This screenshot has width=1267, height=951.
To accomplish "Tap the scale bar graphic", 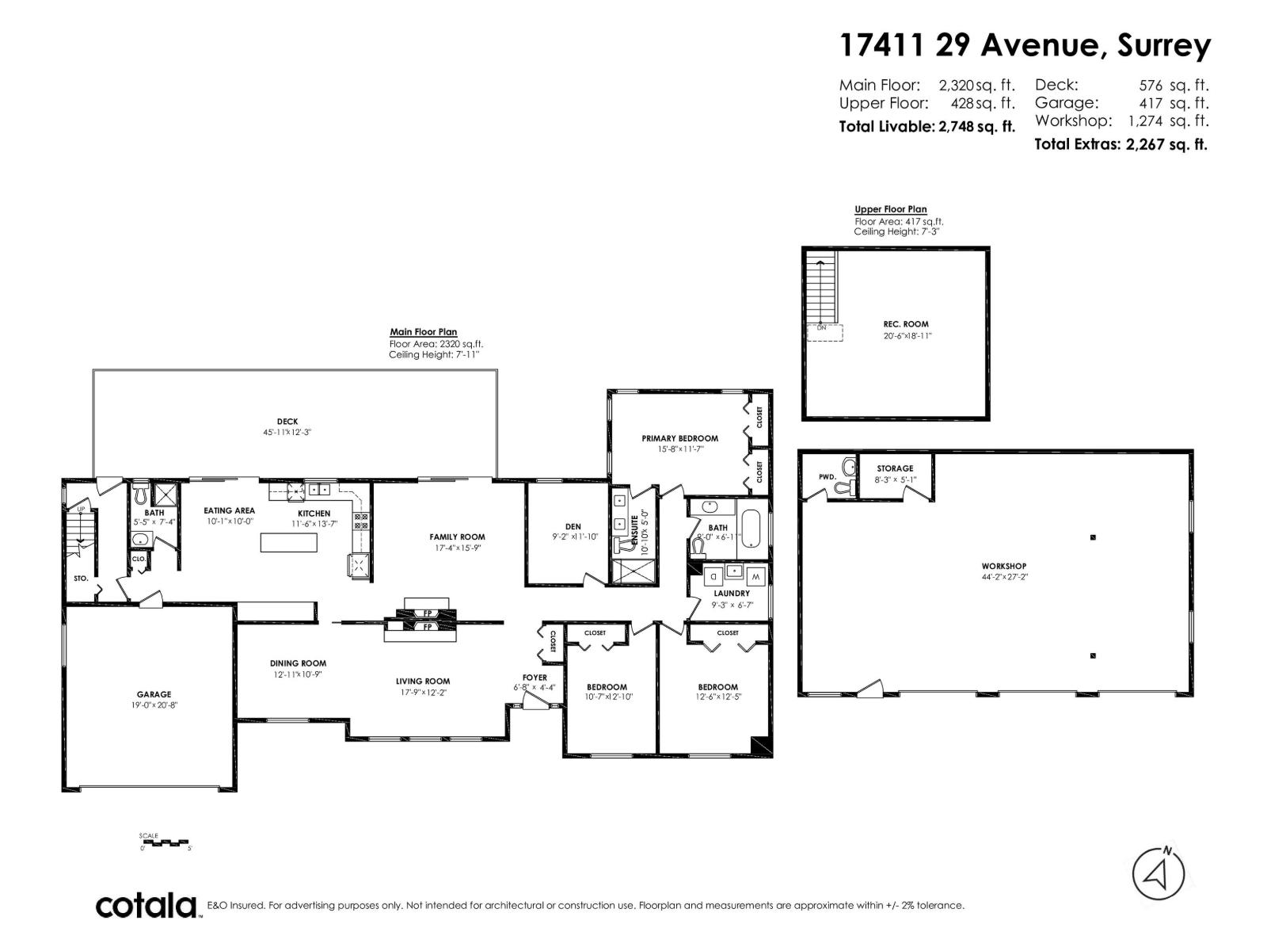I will (x=166, y=842).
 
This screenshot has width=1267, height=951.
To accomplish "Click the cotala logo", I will (x=146, y=905).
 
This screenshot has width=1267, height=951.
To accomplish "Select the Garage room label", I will (x=154, y=694).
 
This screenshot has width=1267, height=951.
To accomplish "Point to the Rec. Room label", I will (x=906, y=324).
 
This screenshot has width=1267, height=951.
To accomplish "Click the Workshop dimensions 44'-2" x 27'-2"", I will (x=1004, y=577).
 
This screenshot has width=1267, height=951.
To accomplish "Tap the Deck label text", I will (x=287, y=422).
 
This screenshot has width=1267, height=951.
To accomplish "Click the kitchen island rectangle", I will (x=289, y=543).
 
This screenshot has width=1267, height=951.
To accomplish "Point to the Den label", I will (x=573, y=526).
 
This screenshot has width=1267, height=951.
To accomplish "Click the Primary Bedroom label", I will (x=679, y=438).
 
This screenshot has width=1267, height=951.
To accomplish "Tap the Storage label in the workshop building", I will (x=895, y=468).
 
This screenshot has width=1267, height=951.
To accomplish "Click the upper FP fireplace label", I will (x=427, y=613).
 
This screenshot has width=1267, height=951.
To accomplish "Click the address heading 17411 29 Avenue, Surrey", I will (x=1025, y=45).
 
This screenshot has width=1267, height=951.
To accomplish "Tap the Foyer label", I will (x=535, y=678).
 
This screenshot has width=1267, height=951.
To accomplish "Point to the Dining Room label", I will (x=298, y=663).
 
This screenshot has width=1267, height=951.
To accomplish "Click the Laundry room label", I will (x=731, y=593).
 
